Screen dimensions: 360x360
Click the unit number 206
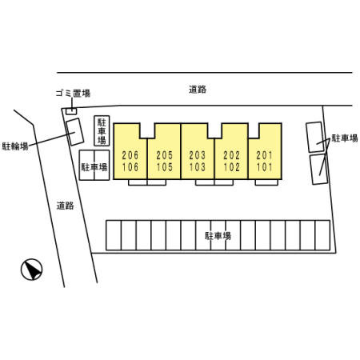coord(130,155)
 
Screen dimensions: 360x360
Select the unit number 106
coord(130,167)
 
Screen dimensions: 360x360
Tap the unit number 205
coord(165,155)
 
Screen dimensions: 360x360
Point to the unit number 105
coord(165,167)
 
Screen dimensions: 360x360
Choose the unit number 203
coord(198,155)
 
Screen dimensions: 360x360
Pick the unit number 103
coord(198,167)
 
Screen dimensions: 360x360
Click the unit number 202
coord(232,155)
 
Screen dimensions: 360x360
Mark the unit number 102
coord(232,167)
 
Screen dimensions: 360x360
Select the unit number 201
coord(265,155)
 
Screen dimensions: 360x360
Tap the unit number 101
coord(265,167)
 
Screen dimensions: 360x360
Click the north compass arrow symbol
coord(32,270)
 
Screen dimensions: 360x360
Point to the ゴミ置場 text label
coord(73,93)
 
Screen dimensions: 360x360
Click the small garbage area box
coord(71,111)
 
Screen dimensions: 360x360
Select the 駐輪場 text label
coord(15,146)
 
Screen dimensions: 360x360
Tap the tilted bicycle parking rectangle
coord(75,132)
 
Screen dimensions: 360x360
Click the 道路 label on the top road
coord(198,90)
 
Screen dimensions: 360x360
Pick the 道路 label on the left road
coord(66,206)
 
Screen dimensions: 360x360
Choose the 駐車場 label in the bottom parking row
coord(218,236)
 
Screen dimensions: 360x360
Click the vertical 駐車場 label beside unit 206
coord(102,131)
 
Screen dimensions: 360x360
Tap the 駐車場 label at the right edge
coord(345,138)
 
